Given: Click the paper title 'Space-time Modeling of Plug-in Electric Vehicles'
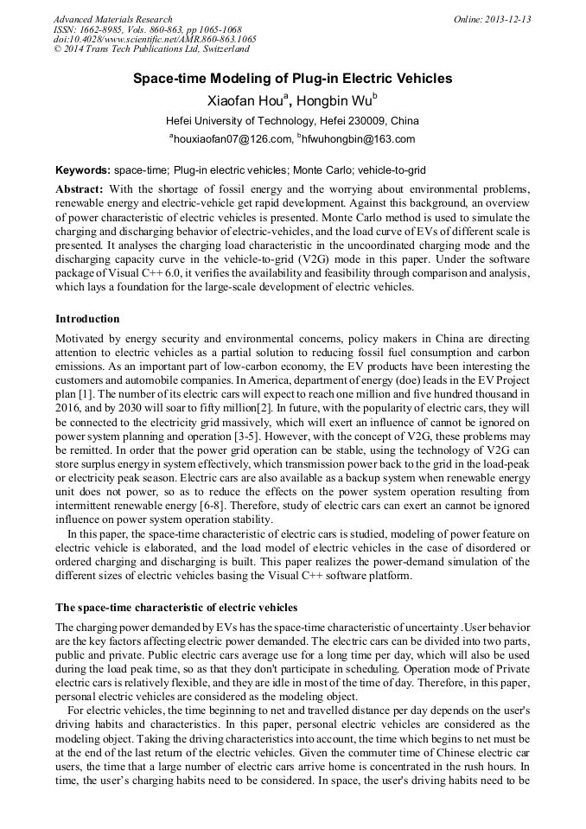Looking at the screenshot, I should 292,79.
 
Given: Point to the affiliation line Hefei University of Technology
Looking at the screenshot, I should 292,120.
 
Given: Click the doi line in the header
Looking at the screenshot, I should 155,40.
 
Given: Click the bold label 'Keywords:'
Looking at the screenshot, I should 83,170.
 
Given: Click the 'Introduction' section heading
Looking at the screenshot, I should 87,319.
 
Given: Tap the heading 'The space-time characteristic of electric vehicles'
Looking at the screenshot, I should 176,607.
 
